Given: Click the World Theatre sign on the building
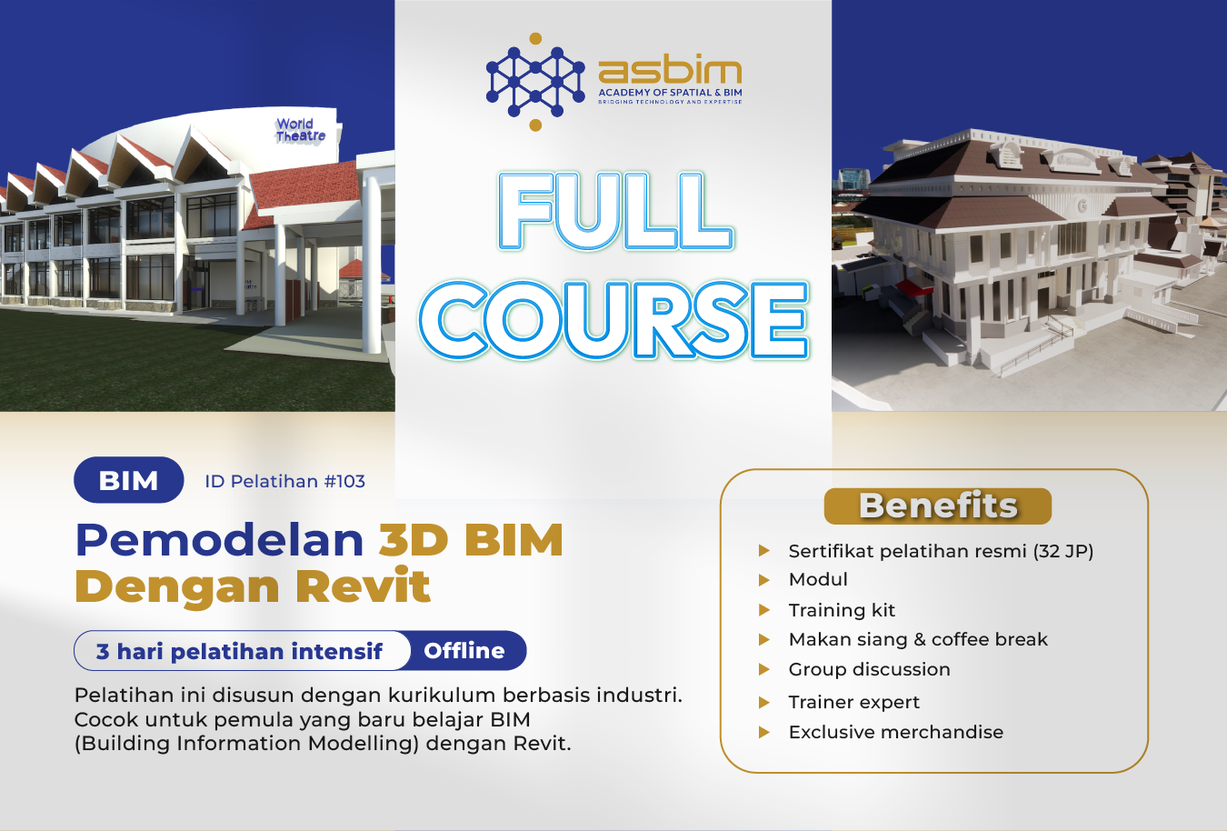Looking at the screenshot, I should (300, 130).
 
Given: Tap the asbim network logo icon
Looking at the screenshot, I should (535, 82).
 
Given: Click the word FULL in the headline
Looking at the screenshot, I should (615, 210).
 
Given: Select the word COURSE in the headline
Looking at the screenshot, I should (613, 320).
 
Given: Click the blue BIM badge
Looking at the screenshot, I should (128, 480).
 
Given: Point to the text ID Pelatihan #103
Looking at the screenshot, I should (284, 481).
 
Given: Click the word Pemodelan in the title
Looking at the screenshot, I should (219, 539).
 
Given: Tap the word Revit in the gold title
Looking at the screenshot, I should (362, 586).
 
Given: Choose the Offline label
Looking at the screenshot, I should (464, 651).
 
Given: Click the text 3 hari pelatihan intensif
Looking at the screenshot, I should (239, 651).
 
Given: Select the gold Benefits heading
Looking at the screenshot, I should (937, 506).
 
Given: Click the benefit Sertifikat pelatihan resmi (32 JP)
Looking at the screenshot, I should (941, 551).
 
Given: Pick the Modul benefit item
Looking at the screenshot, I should (818, 579).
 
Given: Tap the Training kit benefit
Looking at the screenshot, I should (842, 610).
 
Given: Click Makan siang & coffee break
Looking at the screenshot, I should (918, 639).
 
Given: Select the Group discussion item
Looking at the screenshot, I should (869, 669).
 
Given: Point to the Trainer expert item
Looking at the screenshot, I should (853, 702).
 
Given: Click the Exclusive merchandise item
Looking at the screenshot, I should (895, 732).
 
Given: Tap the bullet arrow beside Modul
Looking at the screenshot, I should (764, 579).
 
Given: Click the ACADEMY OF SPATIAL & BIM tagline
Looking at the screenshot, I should (670, 93).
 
